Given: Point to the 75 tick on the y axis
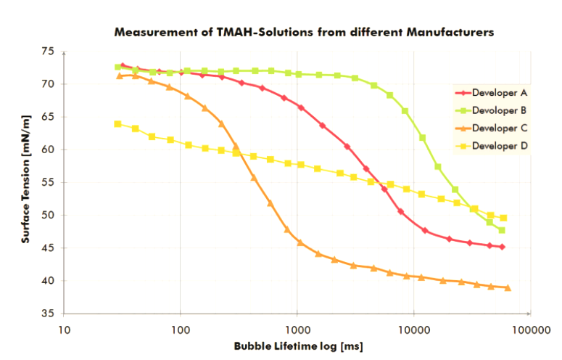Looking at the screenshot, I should click(x=48, y=52).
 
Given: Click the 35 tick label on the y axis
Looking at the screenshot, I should click(x=48, y=314).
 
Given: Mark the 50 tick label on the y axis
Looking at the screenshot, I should click(x=48, y=216).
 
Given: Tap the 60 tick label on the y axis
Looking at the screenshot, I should click(x=48, y=150).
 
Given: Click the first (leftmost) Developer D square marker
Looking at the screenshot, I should click(x=118, y=124).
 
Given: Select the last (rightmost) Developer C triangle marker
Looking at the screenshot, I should click(x=508, y=288).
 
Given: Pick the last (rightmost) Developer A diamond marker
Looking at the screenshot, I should click(x=502, y=247).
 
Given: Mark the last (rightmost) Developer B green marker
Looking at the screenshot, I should click(x=502, y=230).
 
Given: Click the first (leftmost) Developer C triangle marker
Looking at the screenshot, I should click(x=120, y=76).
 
